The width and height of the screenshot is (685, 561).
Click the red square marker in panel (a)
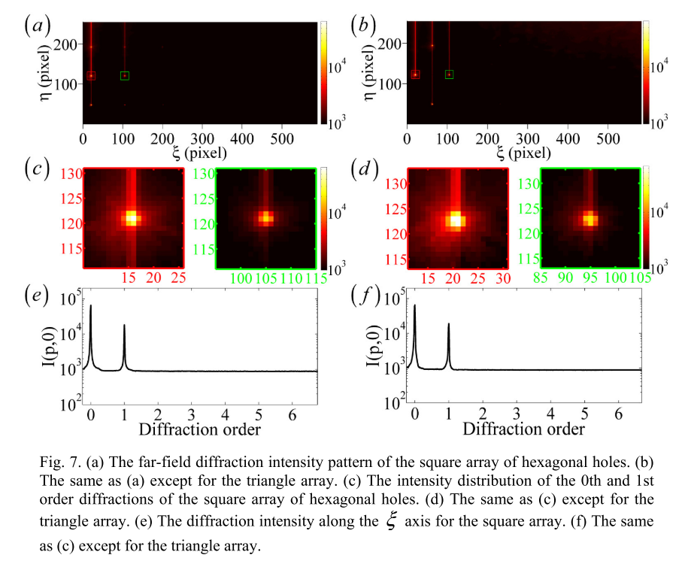pyautogui.click(x=91, y=76)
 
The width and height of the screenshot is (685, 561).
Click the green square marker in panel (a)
pyautogui.click(x=124, y=75)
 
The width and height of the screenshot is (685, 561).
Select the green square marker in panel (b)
pyautogui.click(x=449, y=74)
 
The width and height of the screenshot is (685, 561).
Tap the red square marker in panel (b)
pyautogui.click(x=415, y=75)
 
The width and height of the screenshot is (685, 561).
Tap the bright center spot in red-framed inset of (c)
pyautogui.click(x=132, y=218)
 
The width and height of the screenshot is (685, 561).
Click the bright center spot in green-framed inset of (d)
pyautogui.click(x=590, y=220)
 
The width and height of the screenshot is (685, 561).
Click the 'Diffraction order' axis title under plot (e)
pyautogui.click(x=199, y=430)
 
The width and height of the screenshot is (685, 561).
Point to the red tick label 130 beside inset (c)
pyautogui.click(x=72, y=175)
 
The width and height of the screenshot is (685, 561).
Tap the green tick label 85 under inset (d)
pyautogui.click(x=548, y=278)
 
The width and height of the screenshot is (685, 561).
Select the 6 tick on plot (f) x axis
pyautogui.click(x=619, y=414)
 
